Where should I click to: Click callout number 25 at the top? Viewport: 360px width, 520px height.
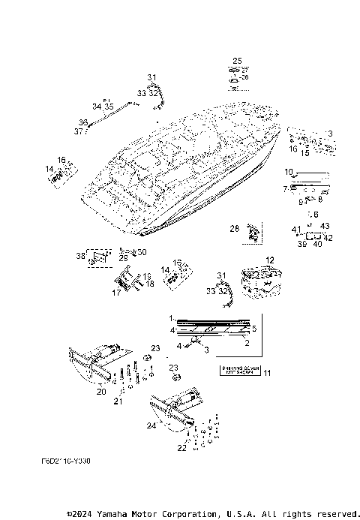pos(237,60)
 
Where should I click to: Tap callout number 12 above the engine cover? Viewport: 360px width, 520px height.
pos(270,260)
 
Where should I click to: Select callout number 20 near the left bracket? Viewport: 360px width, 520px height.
pos(101,391)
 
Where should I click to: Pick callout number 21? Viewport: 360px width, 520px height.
pos(117,401)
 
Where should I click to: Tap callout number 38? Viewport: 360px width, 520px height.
pos(80,256)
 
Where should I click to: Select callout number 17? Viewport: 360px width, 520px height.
pos(116,293)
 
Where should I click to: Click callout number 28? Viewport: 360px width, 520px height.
pos(233,227)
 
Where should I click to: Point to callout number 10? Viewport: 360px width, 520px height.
pos(287,172)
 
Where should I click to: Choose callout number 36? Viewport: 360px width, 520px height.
pos(82,122)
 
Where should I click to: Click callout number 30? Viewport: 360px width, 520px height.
pos(142,252)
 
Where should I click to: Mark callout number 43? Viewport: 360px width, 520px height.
pos(325,227)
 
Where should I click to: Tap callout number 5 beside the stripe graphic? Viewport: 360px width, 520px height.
pos(253,328)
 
